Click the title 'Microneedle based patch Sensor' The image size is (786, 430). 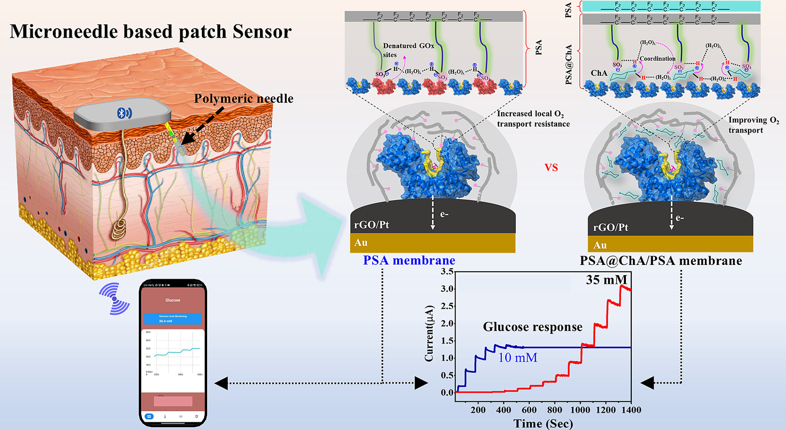(150, 32)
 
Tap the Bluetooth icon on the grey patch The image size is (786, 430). (124, 113)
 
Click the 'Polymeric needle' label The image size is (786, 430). (244, 99)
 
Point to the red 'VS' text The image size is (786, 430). (551, 168)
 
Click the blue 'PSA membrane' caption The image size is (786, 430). (409, 261)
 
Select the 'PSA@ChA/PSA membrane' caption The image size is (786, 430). (661, 261)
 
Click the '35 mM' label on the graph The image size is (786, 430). (606, 280)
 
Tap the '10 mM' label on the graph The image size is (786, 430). (518, 358)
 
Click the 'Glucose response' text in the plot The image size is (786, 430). (532, 327)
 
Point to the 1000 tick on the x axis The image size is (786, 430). (580, 410)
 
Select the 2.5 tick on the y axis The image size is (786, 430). (447, 306)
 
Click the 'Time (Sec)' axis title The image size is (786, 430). (543, 424)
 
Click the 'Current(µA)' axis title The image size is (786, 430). (429, 333)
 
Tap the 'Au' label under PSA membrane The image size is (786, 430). (361, 243)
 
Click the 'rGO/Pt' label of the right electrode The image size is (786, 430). (610, 227)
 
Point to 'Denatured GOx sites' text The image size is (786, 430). (408, 50)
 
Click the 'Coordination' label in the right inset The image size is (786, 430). (657, 59)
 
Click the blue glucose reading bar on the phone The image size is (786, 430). (173, 319)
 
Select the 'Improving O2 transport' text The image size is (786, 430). (753, 125)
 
